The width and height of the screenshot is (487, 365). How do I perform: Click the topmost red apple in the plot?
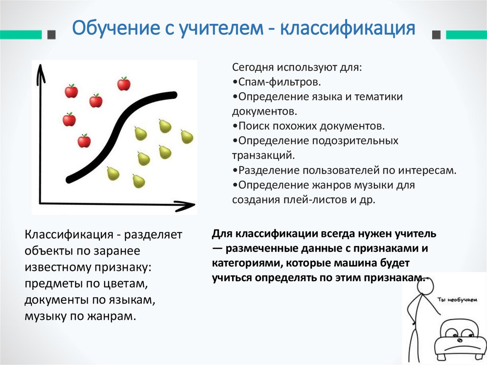coord(124,84)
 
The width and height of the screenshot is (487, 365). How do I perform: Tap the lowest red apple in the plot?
coord(84,141)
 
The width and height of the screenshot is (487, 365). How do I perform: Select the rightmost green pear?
coord(187,137)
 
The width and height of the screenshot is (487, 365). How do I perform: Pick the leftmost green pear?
coord(113,174)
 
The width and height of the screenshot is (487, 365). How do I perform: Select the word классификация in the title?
coord(348,29)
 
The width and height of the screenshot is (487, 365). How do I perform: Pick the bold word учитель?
coord(414,234)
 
